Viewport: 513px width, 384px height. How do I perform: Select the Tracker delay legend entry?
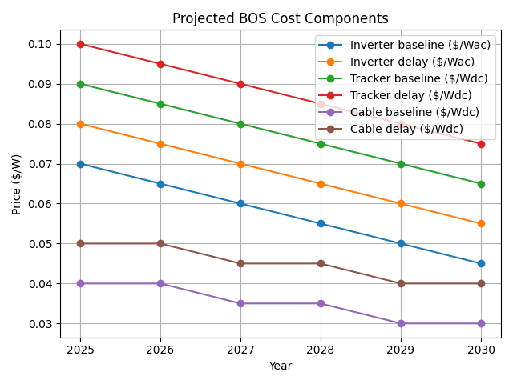(x=406, y=94)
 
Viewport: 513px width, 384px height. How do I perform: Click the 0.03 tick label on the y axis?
(x=45, y=324)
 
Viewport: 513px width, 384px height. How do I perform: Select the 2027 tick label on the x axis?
(x=240, y=350)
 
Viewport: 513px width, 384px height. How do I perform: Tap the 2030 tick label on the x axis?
(x=481, y=350)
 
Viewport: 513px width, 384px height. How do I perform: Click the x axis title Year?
(x=281, y=366)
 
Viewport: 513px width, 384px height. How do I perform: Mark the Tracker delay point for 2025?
(x=80, y=44)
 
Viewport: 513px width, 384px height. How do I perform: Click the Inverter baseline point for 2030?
(x=481, y=263)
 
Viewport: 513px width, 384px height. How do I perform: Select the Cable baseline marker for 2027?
(x=240, y=303)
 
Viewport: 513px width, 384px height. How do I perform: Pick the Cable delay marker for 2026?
(x=160, y=243)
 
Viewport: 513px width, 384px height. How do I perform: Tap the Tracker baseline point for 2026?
(x=160, y=104)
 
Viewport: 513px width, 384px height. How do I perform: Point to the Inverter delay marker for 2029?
(x=401, y=203)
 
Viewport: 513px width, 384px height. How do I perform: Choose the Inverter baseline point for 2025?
(x=80, y=164)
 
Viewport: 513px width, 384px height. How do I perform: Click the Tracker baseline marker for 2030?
(x=481, y=184)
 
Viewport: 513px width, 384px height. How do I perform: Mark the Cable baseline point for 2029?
(x=401, y=323)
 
